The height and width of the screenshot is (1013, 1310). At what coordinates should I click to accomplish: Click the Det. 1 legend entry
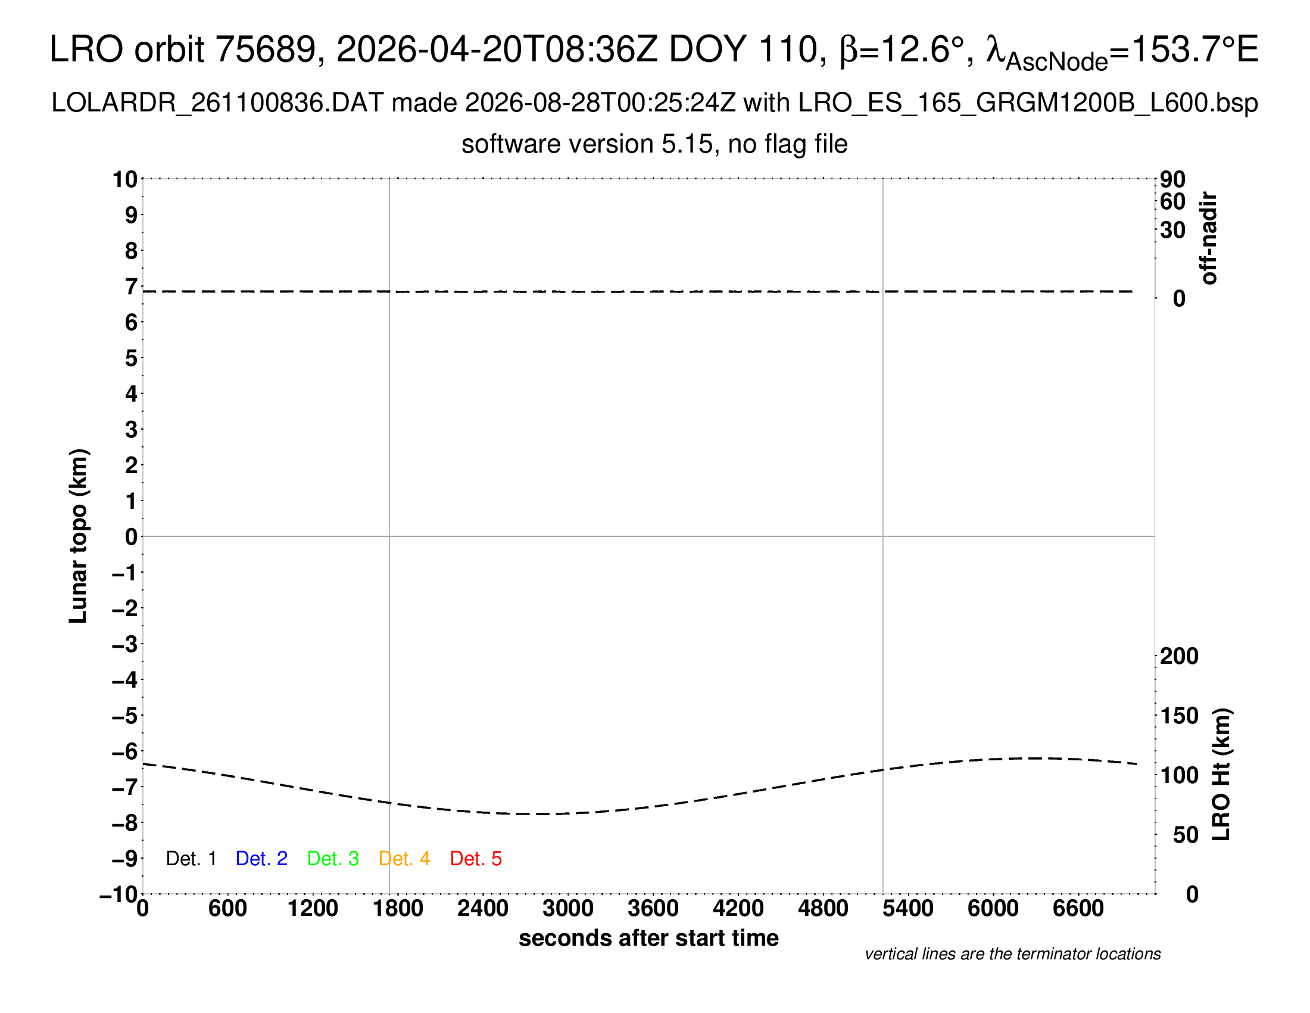(191, 859)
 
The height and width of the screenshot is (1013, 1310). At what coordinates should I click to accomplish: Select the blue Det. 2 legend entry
(261, 859)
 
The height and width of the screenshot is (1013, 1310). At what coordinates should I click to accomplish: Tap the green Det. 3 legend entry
(333, 859)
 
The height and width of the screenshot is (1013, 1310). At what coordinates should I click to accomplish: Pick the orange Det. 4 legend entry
(404, 859)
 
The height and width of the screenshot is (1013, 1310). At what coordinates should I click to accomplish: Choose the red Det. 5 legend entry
(476, 859)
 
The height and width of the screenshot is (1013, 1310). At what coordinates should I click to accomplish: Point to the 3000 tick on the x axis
(568, 909)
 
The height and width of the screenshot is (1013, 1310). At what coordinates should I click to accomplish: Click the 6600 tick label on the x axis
(1078, 909)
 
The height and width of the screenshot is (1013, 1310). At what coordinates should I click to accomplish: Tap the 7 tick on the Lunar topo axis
(132, 287)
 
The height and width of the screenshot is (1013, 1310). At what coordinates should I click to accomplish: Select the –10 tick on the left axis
(119, 894)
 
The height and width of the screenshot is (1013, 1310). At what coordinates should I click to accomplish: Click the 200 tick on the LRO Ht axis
(1179, 656)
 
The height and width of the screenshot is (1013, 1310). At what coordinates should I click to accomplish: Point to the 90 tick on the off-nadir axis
(1172, 179)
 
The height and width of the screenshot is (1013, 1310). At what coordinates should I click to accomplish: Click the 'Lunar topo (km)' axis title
(79, 536)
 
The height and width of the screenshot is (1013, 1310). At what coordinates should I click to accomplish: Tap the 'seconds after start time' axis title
(648, 938)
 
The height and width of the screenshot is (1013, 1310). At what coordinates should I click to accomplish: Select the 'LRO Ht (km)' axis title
(1221, 775)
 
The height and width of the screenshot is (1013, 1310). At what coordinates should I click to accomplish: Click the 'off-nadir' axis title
(1209, 238)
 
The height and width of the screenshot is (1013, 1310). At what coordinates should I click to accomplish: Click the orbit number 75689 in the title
(265, 49)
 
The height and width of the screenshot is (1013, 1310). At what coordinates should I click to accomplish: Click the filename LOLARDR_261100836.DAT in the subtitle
(217, 103)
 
